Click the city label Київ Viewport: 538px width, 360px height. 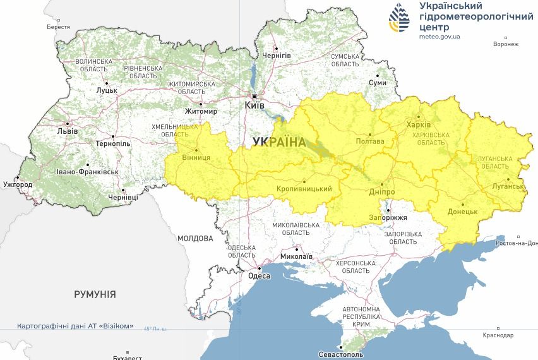coord(254,105)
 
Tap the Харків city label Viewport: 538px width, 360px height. coord(419,124)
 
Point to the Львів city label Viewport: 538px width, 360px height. coord(67,131)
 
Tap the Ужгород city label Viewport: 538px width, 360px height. coord(17,184)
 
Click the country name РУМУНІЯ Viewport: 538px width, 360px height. coord(95,294)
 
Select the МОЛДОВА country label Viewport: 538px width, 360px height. coord(195,239)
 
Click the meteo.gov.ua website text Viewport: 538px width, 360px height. coord(439,37)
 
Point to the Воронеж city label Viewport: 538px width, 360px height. coord(506,44)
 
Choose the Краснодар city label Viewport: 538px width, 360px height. coord(499,335)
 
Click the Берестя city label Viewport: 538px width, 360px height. coord(59,27)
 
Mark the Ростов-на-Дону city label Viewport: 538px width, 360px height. coord(517,243)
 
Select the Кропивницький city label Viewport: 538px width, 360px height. coord(304,189)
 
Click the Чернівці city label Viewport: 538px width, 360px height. coord(123,198)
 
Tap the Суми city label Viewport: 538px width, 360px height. coord(378,83)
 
